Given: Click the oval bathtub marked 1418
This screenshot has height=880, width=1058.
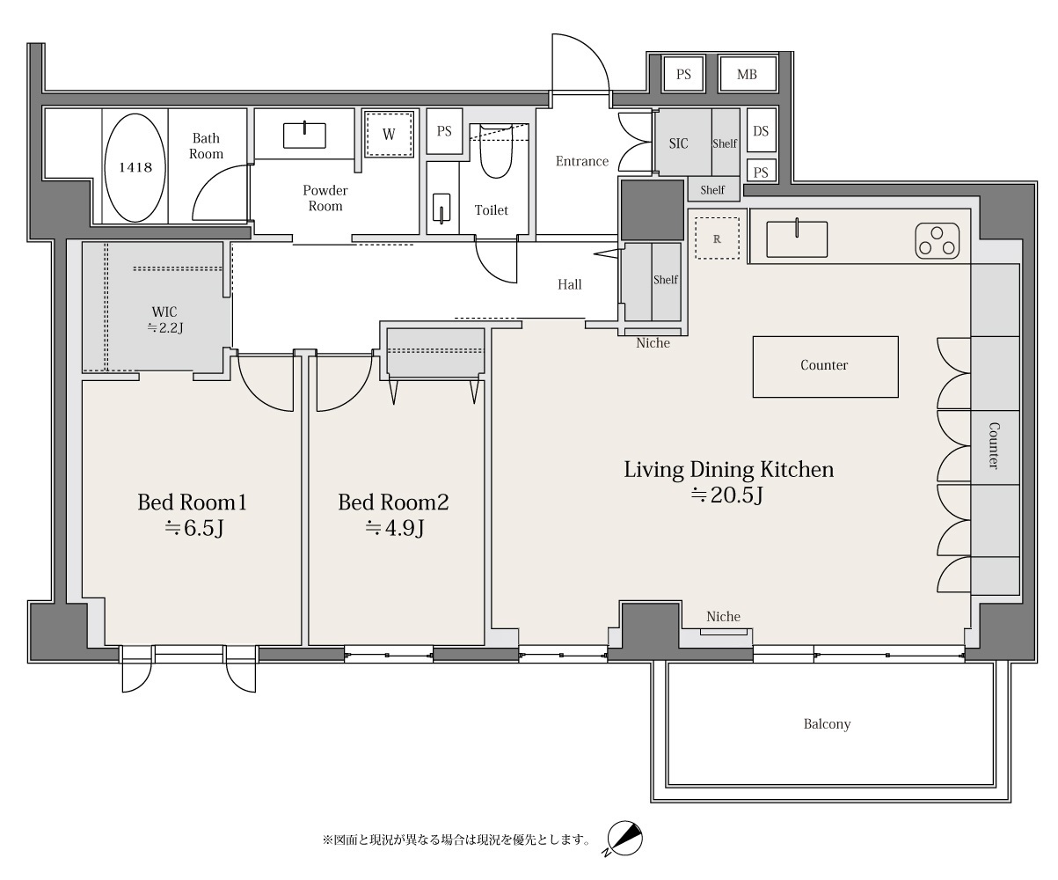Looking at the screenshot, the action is (135, 167).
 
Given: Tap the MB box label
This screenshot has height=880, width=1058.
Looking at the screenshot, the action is (747, 75).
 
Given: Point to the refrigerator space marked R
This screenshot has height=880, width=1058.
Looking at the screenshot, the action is (717, 238).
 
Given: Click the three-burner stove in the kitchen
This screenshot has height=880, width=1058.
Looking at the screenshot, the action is (937, 241).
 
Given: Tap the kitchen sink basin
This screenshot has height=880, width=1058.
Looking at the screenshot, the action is (797, 238).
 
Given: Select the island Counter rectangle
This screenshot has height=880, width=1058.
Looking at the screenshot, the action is (826, 366).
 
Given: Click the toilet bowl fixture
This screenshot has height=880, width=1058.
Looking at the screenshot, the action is (495, 151).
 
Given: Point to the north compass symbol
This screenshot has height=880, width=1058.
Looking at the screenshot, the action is (624, 839).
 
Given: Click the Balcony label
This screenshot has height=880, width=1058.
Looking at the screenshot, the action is (827, 724).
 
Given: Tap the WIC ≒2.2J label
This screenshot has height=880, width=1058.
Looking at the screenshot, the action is (164, 319).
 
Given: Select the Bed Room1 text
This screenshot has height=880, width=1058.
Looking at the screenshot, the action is (192, 502).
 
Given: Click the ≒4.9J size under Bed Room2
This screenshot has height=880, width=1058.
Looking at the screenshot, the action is (394, 528).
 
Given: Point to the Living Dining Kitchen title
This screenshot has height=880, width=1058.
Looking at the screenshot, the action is (729, 469).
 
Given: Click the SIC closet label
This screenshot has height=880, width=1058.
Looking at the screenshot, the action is (678, 143).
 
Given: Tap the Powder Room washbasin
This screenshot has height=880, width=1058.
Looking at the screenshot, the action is (304, 136).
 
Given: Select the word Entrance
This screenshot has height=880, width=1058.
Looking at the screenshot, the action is (582, 161).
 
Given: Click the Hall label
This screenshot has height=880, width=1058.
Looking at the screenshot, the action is (570, 284).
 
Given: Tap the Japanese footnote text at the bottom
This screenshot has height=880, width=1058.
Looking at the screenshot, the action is (456, 840).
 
